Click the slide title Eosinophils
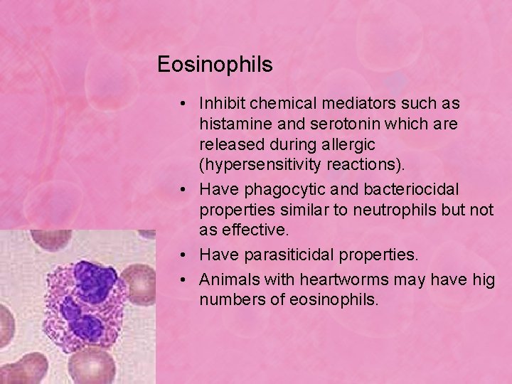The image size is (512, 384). tap(215, 65)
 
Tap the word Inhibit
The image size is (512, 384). tap(221, 103)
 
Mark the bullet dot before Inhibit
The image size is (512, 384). tap(183, 104)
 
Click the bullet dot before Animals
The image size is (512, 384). tap(183, 279)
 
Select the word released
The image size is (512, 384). tap(231, 145)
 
